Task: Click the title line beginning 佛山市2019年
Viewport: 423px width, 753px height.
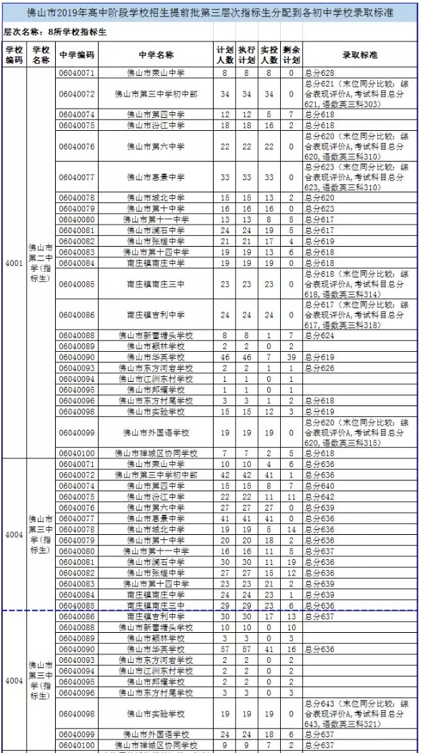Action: click(211, 12)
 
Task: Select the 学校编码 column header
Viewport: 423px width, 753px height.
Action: click(14, 54)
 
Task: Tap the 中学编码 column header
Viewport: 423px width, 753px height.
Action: click(76, 55)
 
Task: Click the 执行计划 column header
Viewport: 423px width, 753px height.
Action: click(247, 54)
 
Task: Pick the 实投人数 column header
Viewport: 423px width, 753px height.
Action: click(269, 54)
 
